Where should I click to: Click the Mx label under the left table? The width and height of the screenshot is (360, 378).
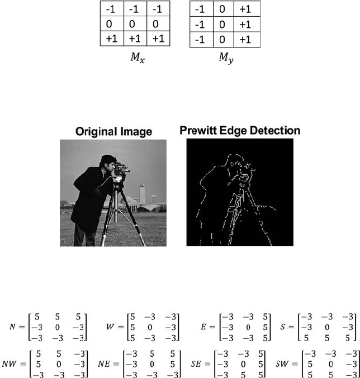point(132,58)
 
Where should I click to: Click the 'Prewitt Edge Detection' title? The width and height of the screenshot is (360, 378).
point(240,131)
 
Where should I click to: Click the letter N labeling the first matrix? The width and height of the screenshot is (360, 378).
point(12,325)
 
